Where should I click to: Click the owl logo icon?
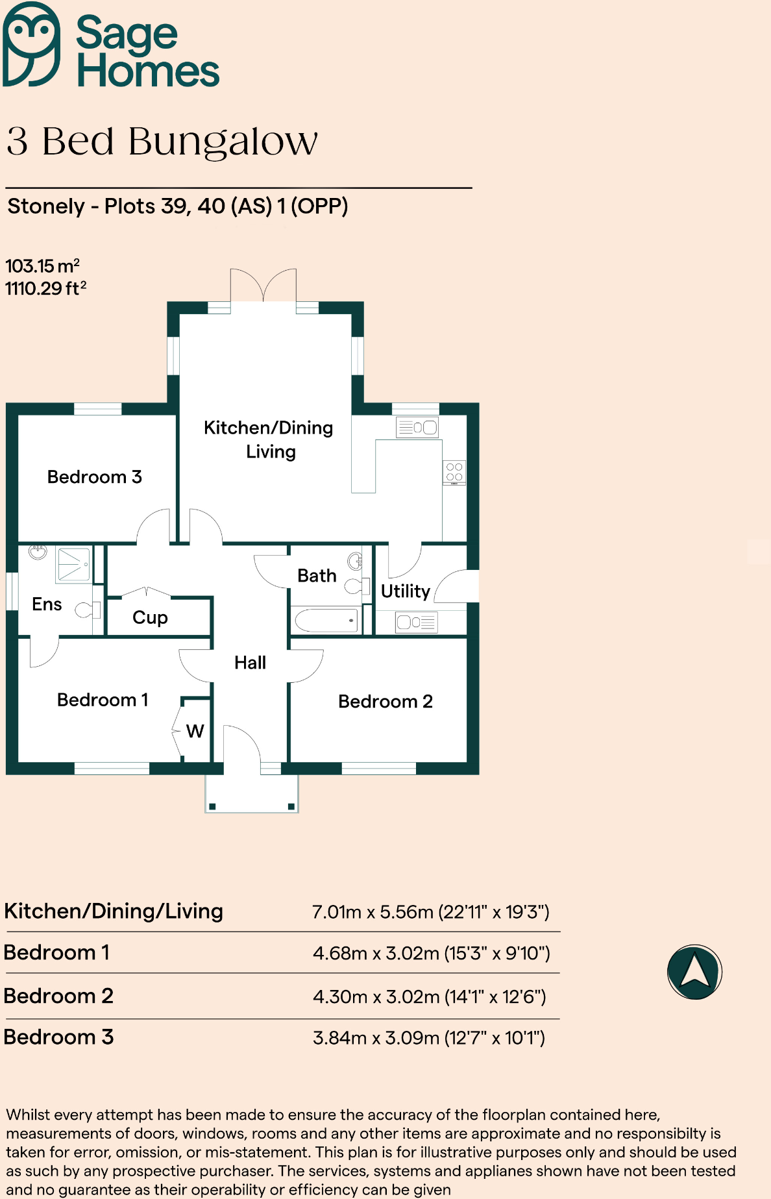[x=31, y=44]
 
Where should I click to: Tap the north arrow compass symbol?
[x=694, y=972]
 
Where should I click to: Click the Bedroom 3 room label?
[x=95, y=477]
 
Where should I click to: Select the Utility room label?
[x=405, y=591]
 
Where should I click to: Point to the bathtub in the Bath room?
[x=326, y=620]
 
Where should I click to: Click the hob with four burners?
[x=454, y=473]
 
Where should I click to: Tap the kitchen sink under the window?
[x=417, y=427]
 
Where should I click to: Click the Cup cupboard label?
[x=150, y=617]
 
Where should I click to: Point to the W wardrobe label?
[x=195, y=732]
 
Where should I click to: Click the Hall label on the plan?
[x=250, y=663]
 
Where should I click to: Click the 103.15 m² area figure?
[x=42, y=266]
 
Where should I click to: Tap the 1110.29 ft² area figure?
[x=45, y=289]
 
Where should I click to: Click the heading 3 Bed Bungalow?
[x=162, y=142]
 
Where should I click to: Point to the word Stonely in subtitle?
[x=46, y=206]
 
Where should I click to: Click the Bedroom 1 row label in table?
[x=57, y=953]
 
